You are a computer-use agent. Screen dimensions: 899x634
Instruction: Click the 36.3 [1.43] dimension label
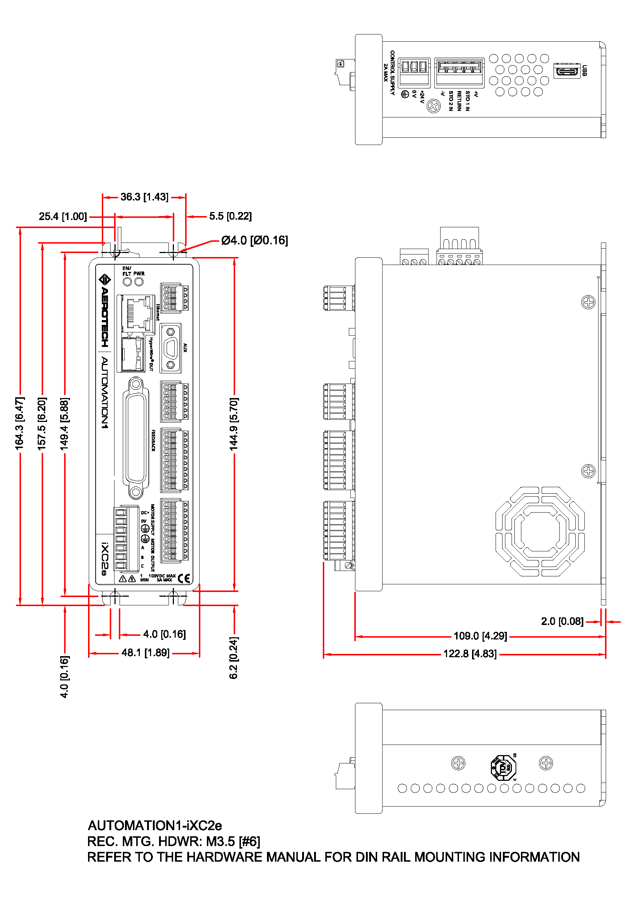coord(145,197)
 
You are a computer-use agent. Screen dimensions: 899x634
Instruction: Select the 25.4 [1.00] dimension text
coord(63,216)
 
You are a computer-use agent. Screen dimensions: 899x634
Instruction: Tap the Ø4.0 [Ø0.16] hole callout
coord(254,240)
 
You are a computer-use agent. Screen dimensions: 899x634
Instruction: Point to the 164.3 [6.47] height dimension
coord(20,423)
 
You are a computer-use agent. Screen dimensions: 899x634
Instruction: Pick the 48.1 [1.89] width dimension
coord(145,653)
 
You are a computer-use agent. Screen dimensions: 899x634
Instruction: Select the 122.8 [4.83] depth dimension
coord(470,654)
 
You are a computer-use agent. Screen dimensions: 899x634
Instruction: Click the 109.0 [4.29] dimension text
coord(480,636)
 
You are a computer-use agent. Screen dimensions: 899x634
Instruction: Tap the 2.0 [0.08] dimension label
coord(562,621)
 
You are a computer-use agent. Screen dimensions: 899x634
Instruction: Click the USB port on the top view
coord(566,71)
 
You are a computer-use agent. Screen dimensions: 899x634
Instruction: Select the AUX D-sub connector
coord(171,348)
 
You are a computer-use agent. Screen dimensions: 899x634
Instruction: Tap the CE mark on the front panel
coord(184,579)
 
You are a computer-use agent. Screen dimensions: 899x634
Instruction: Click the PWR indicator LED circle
coord(139,282)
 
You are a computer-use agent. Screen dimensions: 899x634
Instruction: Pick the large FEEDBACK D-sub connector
coord(136,438)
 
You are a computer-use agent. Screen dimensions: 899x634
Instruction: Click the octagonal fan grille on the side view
coord(540,531)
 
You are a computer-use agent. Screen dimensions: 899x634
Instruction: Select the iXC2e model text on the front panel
coord(104,559)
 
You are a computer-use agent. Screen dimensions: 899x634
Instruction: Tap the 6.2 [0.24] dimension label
coord(234,658)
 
